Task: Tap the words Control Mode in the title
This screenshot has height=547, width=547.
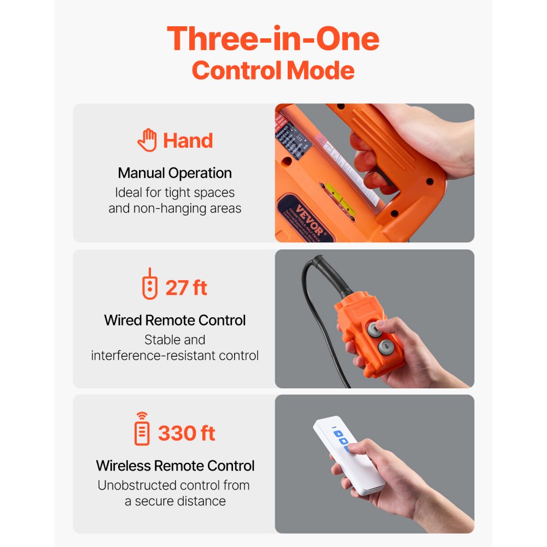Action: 273,71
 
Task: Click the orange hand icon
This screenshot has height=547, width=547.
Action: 147,141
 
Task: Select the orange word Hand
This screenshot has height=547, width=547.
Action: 188,141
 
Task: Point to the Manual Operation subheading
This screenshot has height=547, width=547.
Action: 175,173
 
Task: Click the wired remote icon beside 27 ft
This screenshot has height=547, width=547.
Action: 149,284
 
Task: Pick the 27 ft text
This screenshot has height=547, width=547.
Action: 187,288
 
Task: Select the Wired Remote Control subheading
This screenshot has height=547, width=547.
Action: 175,320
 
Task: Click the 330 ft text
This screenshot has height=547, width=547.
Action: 187,433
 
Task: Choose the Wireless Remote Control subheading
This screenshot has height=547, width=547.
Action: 175,466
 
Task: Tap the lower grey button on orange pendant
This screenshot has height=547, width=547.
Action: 386,346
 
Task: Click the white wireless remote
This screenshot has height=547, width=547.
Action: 350,454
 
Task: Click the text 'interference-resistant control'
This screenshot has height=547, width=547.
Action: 175,356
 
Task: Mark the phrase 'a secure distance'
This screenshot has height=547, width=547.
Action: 175,501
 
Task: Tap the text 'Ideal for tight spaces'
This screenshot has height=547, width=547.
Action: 175,193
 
